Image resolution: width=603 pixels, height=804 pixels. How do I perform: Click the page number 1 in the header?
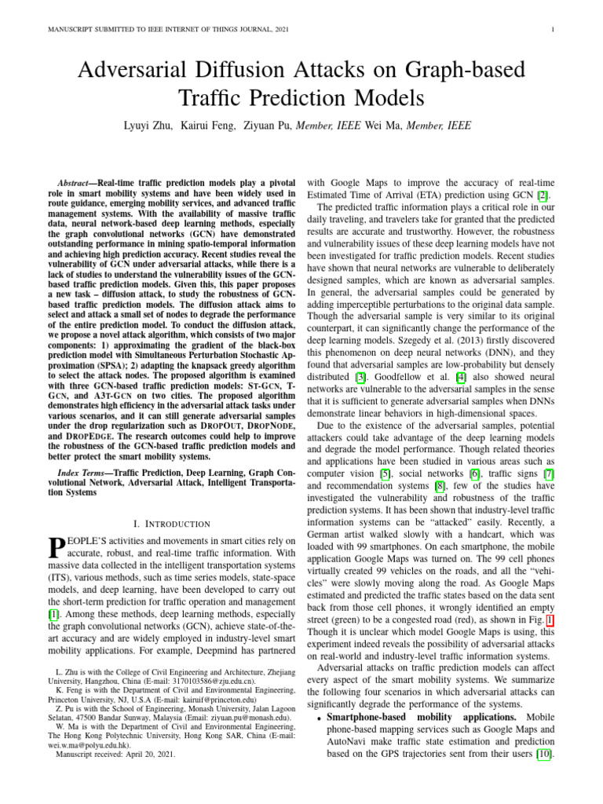[554, 30]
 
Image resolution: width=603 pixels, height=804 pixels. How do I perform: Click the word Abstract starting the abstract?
[81, 181]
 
